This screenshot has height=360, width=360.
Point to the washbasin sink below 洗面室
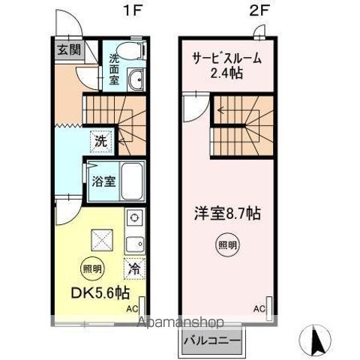tap(135, 80)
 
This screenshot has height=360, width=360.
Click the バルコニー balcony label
tap(211, 340)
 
